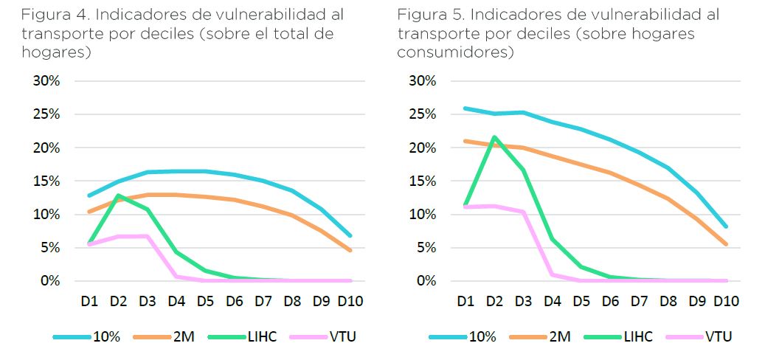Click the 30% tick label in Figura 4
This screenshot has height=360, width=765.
coord(45,81)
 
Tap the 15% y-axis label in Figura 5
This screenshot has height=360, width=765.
coord(421,181)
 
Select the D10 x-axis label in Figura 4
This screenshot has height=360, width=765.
coord(349,301)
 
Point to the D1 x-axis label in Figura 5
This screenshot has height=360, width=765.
coord(465,301)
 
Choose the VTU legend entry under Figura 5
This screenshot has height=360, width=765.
coord(718,336)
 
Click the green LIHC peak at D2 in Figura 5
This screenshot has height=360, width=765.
coord(494,137)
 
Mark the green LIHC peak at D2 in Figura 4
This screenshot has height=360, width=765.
coord(117,195)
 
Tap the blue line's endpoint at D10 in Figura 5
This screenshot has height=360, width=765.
coord(725,226)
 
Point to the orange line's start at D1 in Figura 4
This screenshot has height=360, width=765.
coord(89,212)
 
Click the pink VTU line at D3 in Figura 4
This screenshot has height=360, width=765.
coord(147,236)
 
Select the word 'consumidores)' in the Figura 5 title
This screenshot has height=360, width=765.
coord(454,52)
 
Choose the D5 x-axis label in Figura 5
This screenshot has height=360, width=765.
coord(581,301)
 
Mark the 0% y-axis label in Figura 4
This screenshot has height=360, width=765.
coord(49,281)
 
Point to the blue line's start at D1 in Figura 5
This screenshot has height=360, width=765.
coord(465,108)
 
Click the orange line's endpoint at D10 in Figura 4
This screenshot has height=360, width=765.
coord(349,250)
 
